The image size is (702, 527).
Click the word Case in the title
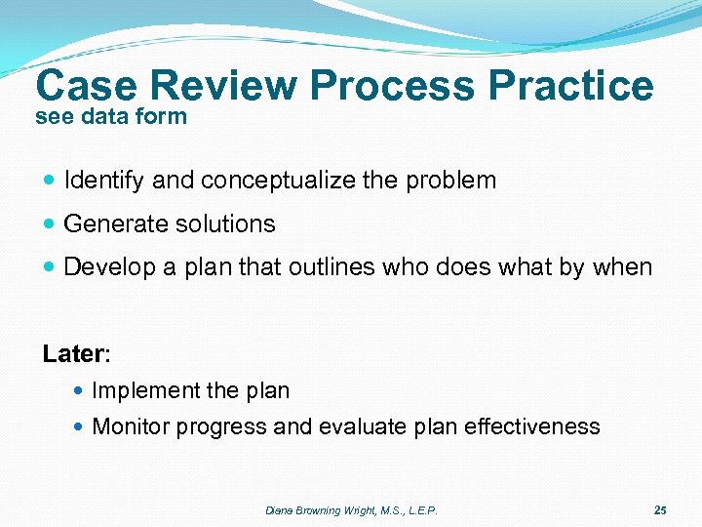pyautogui.click(x=87, y=86)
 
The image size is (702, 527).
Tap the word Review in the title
pyautogui.click(x=223, y=86)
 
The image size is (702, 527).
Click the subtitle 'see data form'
pyautogui.click(x=110, y=117)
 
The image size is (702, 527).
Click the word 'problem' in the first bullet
pyautogui.click(x=456, y=181)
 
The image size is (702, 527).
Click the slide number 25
pyautogui.click(x=660, y=510)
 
